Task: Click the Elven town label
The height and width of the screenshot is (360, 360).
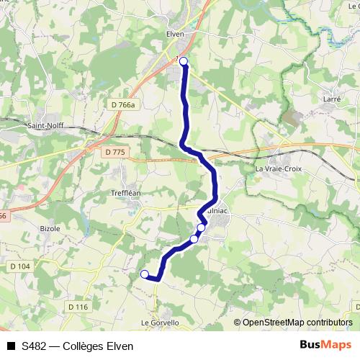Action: tap(175, 34)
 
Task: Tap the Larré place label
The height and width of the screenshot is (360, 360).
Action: tap(332, 99)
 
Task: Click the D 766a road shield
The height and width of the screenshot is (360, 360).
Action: tap(122, 105)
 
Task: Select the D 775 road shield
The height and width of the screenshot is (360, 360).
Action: tap(114, 152)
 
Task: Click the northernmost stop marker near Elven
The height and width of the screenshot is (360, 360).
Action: tap(184, 61)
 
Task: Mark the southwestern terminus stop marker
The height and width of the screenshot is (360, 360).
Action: tap(145, 274)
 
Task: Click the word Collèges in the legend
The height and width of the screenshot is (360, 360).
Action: tap(84, 346)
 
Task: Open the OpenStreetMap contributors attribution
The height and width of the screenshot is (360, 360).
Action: tap(297, 322)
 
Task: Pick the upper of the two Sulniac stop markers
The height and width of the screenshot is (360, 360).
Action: tap(201, 228)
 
